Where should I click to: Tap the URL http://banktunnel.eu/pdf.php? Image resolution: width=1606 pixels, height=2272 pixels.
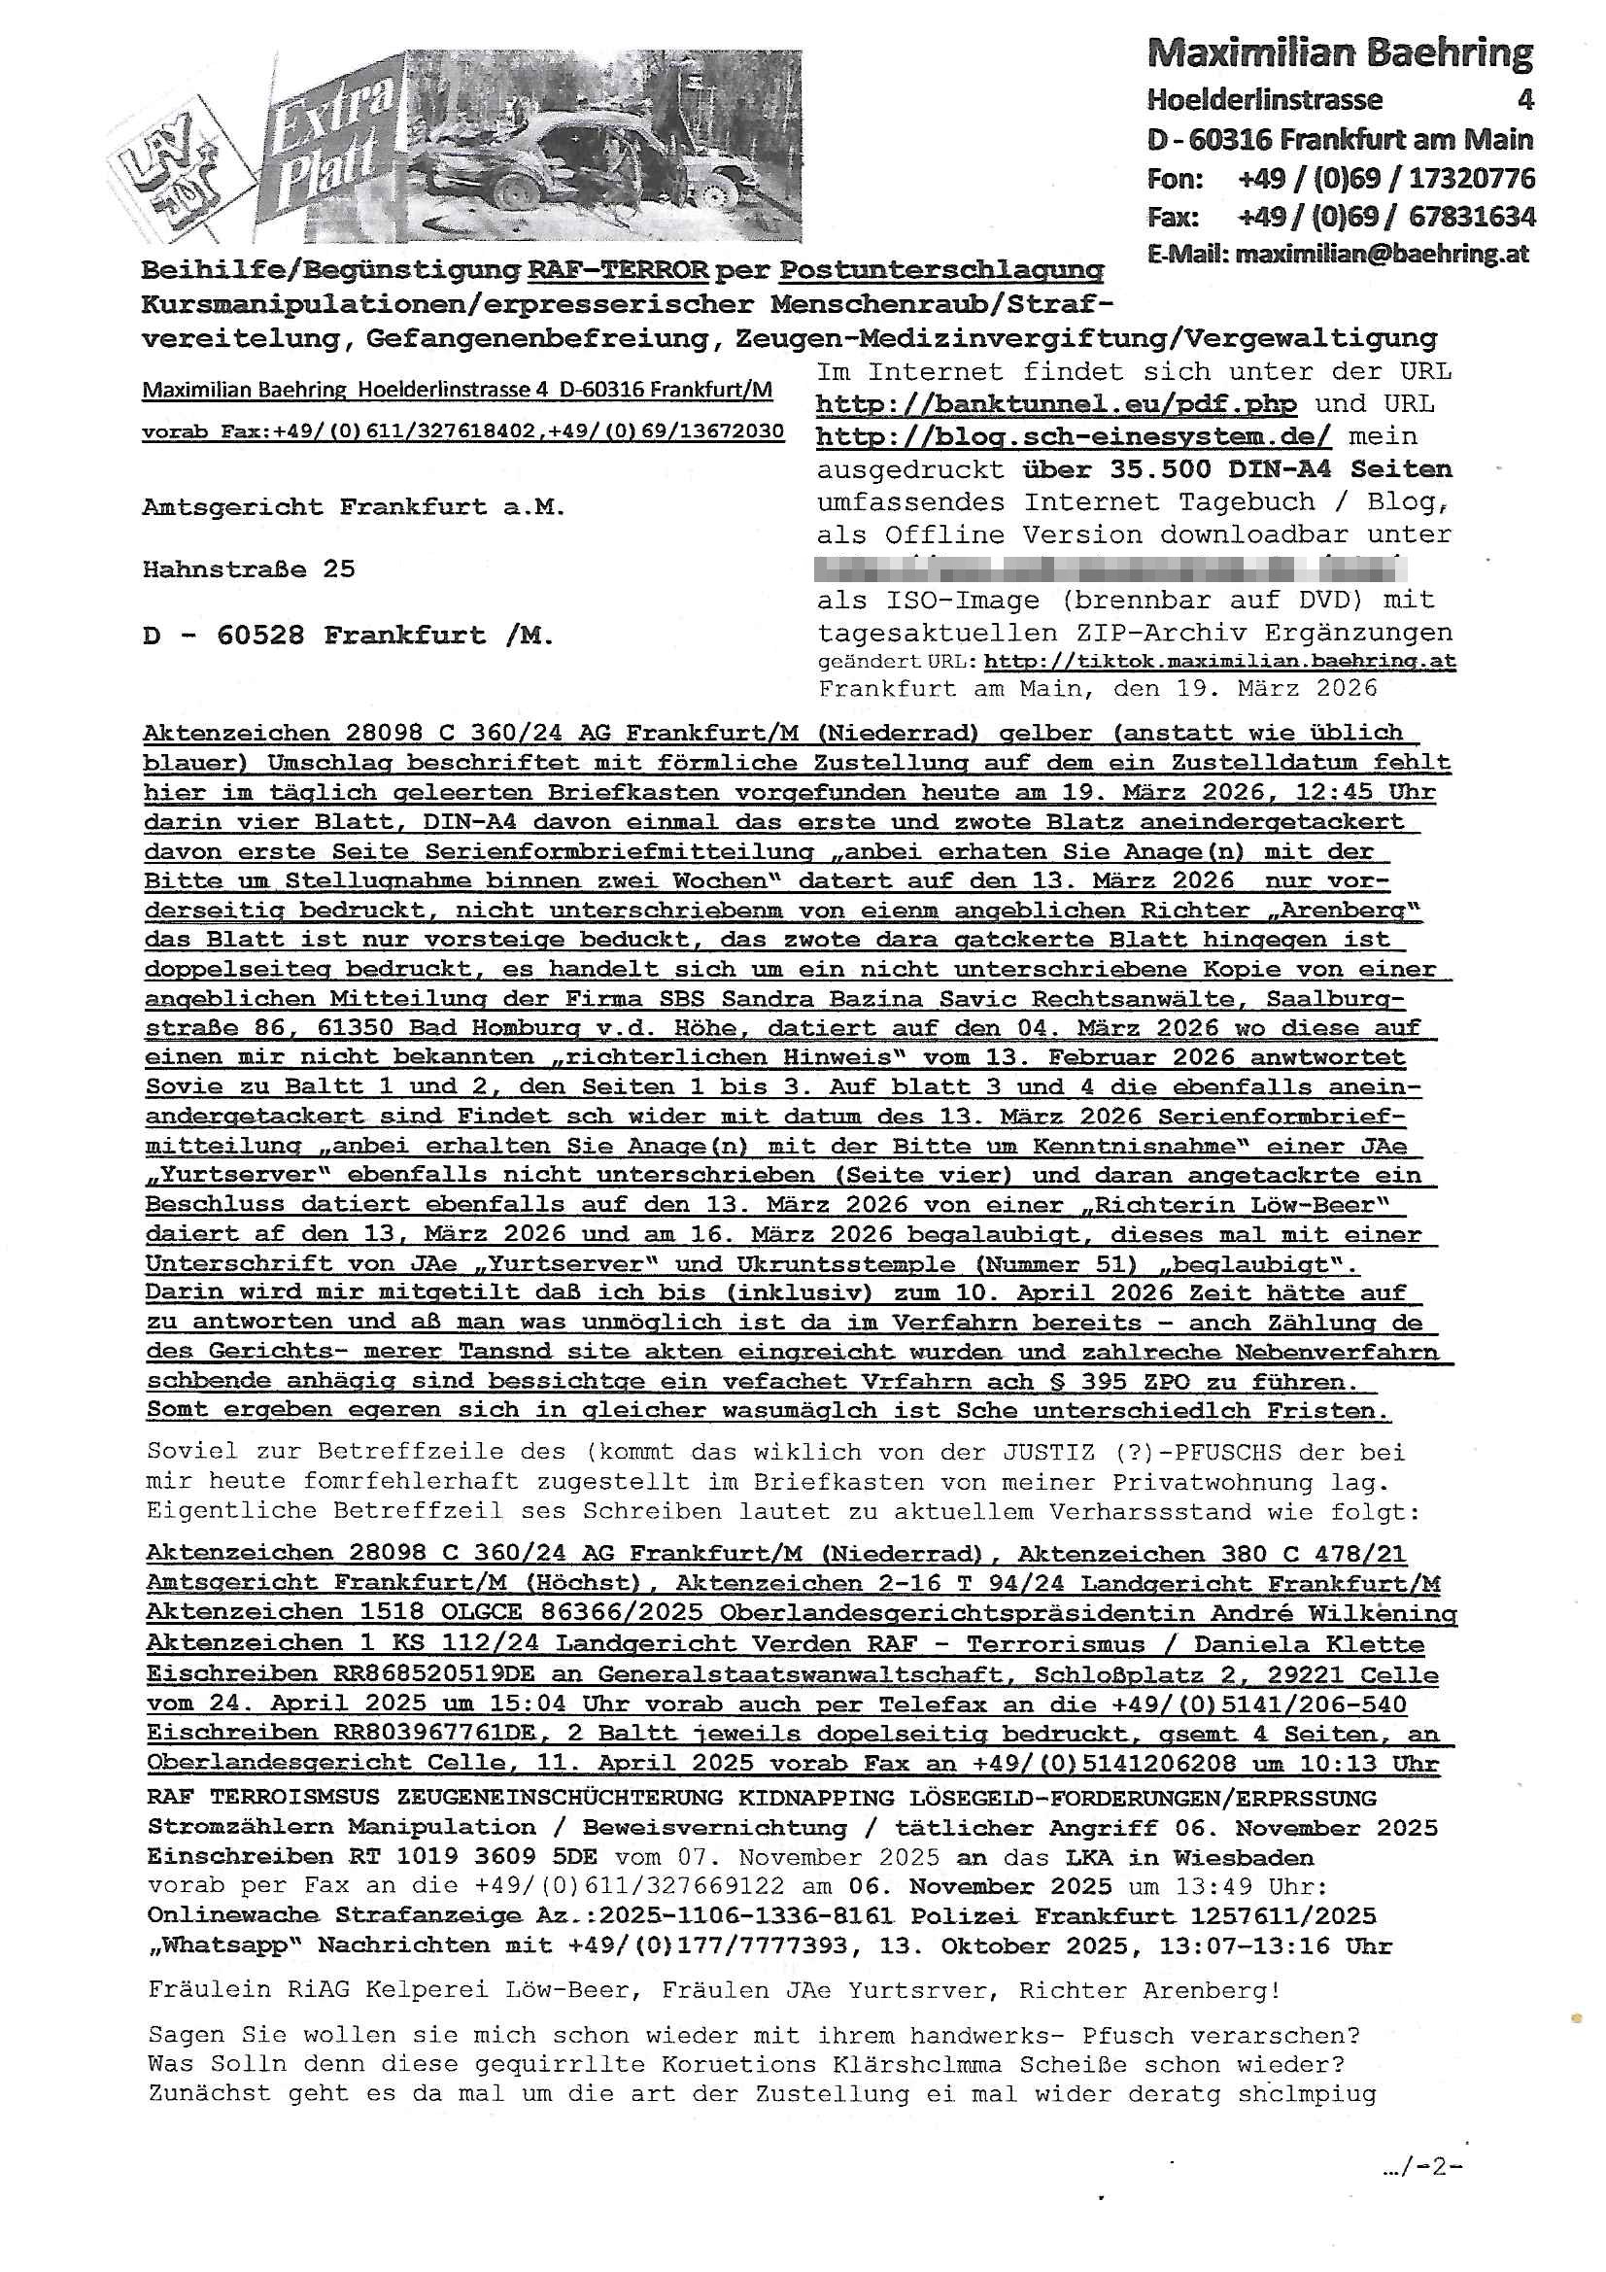click(x=1056, y=404)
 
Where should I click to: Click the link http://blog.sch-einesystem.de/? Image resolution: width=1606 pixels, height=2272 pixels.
click(x=1074, y=436)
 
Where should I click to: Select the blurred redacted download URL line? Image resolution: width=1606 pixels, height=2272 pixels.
click(x=1109, y=568)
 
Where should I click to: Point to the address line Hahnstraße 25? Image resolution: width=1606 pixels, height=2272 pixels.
click(x=249, y=569)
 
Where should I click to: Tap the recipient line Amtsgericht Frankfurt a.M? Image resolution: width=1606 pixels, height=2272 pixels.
click(x=354, y=507)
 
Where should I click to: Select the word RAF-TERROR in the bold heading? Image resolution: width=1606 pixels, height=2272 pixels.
click(x=618, y=270)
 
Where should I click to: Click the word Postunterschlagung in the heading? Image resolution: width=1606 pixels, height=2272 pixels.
click(x=941, y=270)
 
